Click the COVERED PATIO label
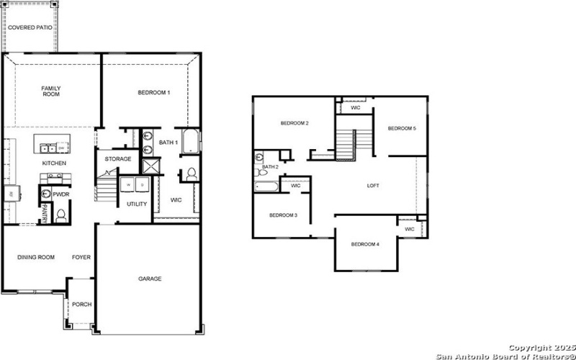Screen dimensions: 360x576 [30, 27]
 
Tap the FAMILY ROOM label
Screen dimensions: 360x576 [50, 91]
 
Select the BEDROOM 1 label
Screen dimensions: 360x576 [153, 92]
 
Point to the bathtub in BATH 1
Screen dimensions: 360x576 [190, 142]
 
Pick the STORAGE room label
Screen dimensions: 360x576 [118, 158]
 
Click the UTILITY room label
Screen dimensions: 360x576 [137, 204]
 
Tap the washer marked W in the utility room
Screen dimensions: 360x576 [129, 184]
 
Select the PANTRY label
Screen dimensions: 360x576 [44, 213]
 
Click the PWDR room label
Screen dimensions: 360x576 [61, 194]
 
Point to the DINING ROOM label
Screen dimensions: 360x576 [36, 257]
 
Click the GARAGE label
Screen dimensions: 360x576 [150, 279]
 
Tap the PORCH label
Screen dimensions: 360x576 [82, 304]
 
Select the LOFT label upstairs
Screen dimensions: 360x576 [373, 186]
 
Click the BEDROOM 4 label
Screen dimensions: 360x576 [365, 244]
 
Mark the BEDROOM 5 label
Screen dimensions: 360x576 [402, 128]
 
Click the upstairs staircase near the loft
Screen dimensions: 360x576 [348, 144]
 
